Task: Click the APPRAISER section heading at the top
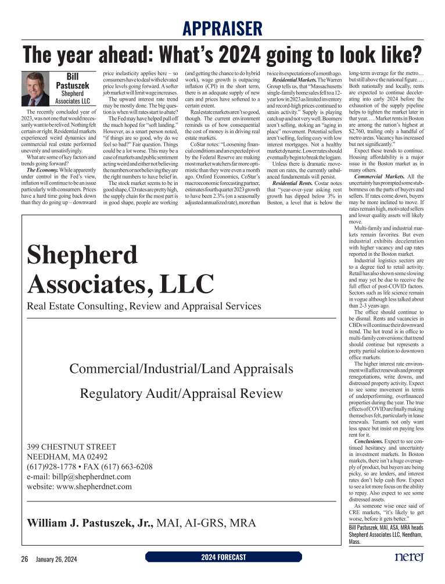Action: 222,27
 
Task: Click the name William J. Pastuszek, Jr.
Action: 90,522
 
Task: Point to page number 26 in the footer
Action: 24,558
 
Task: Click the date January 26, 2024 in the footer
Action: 56,558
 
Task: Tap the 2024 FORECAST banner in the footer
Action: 223,557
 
